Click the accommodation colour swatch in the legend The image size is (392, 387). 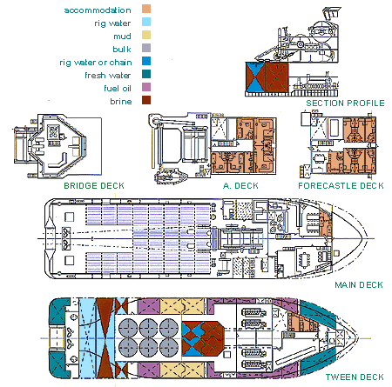tap(146, 9)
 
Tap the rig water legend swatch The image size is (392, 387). tap(146, 22)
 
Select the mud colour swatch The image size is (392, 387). tap(146, 35)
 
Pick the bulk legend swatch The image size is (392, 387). tap(146, 48)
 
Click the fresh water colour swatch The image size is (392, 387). tap(146, 74)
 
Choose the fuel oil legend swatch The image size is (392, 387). tap(146, 87)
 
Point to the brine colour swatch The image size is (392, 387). tap(146, 100)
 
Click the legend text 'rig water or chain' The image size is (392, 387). tap(96, 63)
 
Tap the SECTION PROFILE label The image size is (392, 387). tap(345, 103)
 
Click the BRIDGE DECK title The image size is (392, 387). tap(94, 185)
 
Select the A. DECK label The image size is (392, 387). tap(240, 185)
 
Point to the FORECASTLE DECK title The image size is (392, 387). tap(341, 185)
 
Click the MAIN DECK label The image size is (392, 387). tap(359, 284)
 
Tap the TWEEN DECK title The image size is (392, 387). tap(355, 377)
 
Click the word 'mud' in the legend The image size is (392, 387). tap(122, 37)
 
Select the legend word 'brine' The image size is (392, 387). tap(121, 102)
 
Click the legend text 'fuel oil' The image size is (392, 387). tap(118, 88)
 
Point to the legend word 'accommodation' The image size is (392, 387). tap(98, 10)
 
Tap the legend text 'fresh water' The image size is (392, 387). tap(108, 76)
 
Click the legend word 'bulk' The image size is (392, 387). tap(122, 50)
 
